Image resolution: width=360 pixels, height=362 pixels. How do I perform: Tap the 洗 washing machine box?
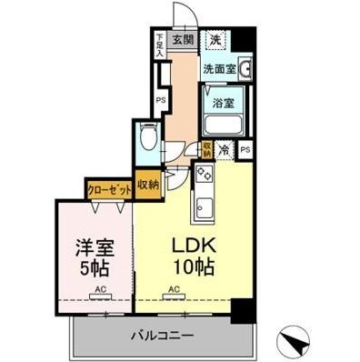click(x=216, y=39)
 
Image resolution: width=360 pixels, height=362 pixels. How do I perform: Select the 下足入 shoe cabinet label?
click(x=159, y=45)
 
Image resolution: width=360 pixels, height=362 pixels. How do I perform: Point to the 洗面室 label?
click(x=218, y=67)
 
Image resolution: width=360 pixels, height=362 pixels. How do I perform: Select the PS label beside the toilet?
click(x=160, y=100)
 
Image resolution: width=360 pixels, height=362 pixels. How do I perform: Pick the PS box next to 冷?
click(x=245, y=151)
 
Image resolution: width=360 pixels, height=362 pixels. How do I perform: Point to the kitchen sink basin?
click(x=202, y=209)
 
